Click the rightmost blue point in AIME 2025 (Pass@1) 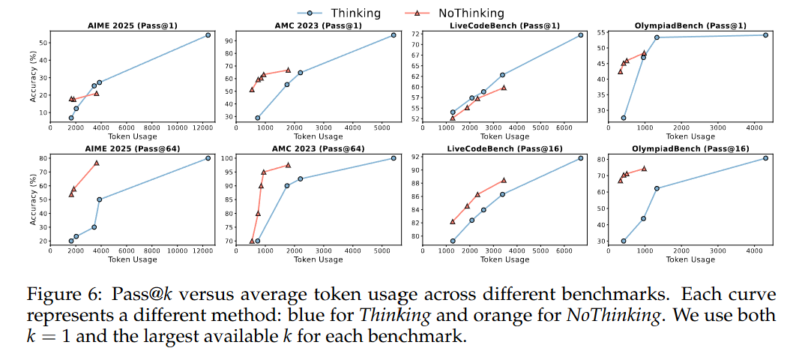coord(208,35)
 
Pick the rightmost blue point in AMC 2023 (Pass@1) coord(394,35)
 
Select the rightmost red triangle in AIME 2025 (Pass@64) coord(96,163)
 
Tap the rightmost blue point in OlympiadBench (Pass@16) coord(765,158)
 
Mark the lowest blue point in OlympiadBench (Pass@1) coord(624,118)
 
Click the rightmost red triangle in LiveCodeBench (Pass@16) coord(503,180)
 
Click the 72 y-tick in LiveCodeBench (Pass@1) coord(417,34)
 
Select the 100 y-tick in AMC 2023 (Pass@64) coord(227,158)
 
